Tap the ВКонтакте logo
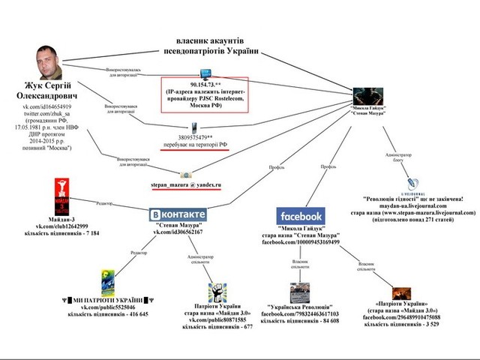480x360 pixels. coord(178,213)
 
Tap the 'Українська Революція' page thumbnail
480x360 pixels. coord(301,294)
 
